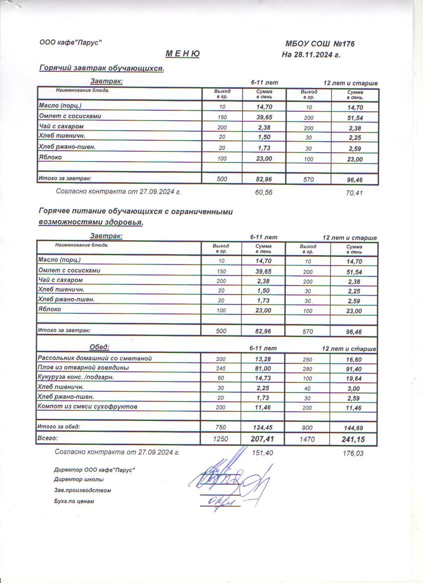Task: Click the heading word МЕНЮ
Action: click(182, 54)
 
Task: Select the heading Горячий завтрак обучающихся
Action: click(102, 68)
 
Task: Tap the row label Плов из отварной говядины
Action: click(83, 368)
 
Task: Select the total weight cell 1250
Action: click(220, 439)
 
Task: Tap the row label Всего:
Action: click(48, 438)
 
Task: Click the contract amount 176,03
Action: click(354, 453)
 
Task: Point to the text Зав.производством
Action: click(82, 490)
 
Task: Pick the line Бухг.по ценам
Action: click(74, 501)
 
